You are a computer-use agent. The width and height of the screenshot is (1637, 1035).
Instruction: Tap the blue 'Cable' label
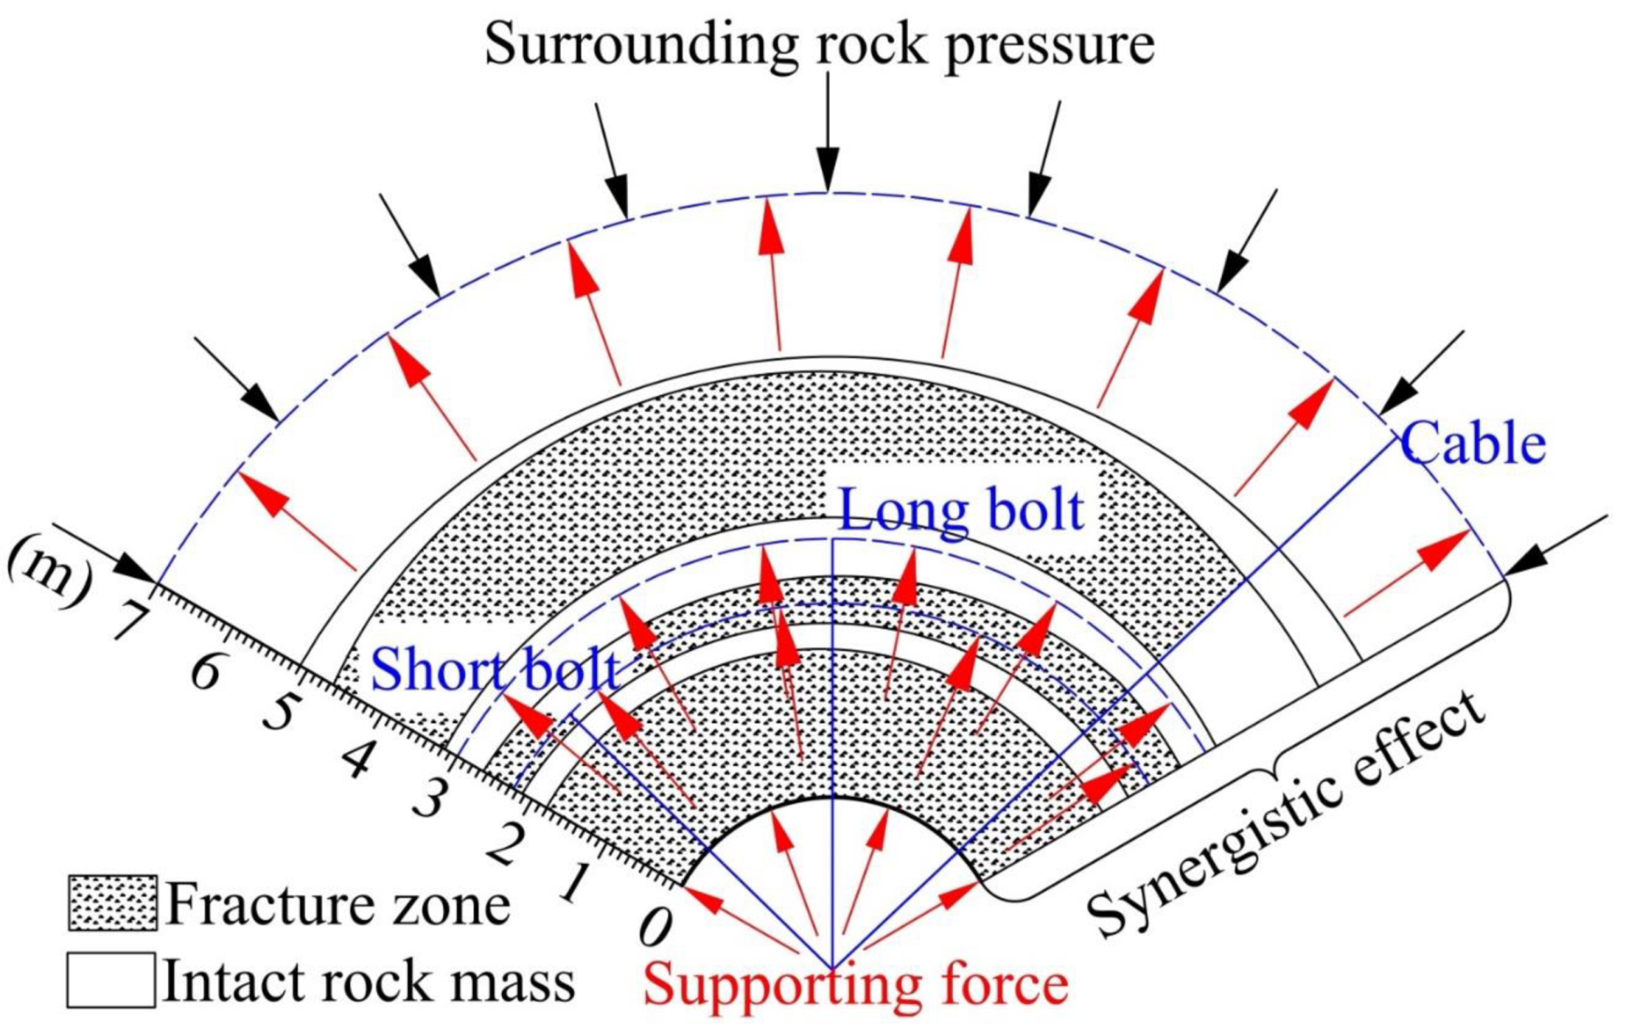[1472, 443]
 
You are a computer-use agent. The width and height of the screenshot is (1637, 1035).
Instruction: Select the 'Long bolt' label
[961, 510]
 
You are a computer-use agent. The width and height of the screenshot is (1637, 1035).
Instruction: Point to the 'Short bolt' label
[495, 669]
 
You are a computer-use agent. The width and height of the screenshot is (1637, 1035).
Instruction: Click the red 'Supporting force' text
[856, 984]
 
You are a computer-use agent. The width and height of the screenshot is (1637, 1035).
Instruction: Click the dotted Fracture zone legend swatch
[112, 903]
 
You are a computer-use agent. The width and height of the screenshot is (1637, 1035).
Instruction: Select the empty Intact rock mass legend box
[111, 980]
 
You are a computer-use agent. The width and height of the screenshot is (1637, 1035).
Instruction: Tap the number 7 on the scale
[132, 619]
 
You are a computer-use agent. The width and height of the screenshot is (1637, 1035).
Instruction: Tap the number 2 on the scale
[506, 844]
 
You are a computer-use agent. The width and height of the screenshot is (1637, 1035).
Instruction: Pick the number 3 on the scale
[430, 799]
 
